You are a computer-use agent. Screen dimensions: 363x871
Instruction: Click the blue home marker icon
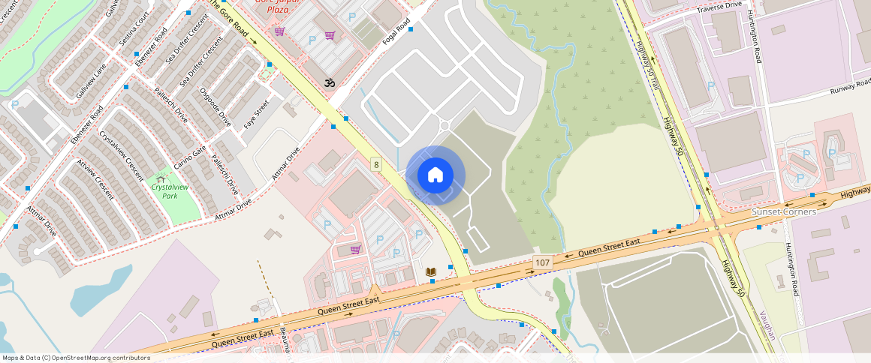tap(435, 175)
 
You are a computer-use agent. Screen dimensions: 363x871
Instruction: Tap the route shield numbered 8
tap(376, 164)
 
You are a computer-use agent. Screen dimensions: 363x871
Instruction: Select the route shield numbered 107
tap(543, 262)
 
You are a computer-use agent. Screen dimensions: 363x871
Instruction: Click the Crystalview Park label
tap(169, 190)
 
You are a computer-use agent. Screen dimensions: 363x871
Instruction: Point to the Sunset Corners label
tap(784, 212)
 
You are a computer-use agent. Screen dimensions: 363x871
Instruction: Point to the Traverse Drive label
tap(719, 7)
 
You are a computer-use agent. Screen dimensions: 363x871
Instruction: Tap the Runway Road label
tap(850, 86)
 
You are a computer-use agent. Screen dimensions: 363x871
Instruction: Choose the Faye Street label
tap(256, 114)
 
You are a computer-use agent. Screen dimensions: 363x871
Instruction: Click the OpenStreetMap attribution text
tap(76, 358)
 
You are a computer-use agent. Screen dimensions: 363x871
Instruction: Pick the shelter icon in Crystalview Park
tap(160, 179)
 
